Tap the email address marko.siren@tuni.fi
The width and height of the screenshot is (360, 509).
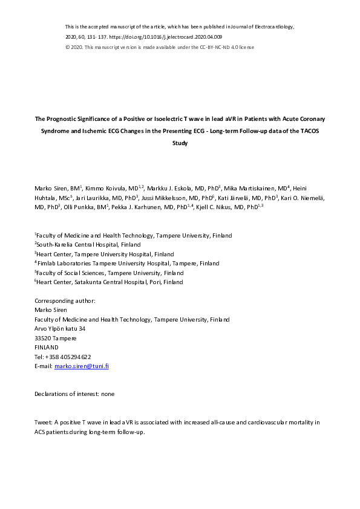[82, 366]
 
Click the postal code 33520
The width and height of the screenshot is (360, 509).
[43, 338]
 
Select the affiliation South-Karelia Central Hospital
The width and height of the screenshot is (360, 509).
[90, 245]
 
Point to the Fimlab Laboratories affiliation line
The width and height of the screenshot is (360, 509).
[128, 264]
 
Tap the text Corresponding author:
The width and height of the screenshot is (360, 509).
[65, 301]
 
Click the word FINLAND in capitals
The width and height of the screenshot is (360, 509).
[47, 348]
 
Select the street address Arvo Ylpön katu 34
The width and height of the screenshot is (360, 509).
[60, 329]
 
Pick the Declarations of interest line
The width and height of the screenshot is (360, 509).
[74, 394]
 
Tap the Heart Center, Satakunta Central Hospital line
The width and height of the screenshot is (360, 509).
[109, 282]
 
